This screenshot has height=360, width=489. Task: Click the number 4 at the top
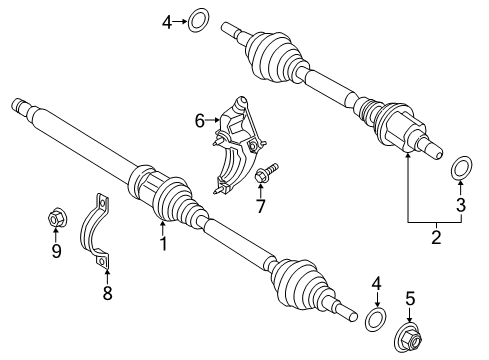(168, 18)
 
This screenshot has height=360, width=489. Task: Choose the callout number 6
(199, 121)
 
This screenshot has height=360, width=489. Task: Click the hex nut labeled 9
(57, 217)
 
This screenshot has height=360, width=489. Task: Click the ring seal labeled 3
(463, 166)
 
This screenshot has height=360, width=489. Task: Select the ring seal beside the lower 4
(376, 320)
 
